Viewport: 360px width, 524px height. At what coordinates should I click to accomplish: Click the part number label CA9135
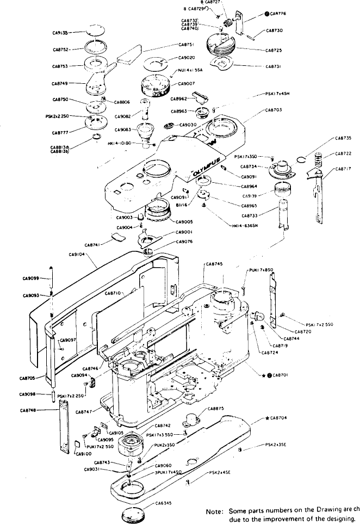coord(60,33)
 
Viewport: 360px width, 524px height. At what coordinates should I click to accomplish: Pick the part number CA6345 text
coord(164,503)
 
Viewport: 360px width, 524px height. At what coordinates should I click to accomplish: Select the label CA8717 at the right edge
coord(344,169)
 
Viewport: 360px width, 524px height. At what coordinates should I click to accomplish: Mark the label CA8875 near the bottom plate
coord(216,408)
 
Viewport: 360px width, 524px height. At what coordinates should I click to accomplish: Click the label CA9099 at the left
coord(31,278)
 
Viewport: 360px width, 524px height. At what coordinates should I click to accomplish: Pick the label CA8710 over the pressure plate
coord(113,293)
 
